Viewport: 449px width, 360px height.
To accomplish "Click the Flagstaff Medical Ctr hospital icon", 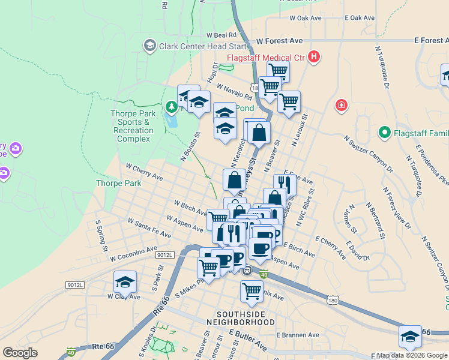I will [x=313, y=58].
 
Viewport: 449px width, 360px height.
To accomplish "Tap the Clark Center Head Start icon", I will [x=149, y=46].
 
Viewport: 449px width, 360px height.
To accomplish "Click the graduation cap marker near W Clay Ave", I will [x=125, y=281].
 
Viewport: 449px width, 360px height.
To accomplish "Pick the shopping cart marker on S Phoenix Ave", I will [x=252, y=291].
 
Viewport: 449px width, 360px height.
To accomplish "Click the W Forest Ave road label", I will [x=279, y=41].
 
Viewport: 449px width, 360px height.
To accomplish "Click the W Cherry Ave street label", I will [x=144, y=172].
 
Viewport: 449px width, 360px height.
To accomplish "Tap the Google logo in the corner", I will [x=20, y=353].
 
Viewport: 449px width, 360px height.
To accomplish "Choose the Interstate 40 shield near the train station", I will [x=264, y=275].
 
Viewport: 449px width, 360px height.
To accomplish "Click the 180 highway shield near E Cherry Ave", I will [x=333, y=299].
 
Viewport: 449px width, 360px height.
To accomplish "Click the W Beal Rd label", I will [x=222, y=35].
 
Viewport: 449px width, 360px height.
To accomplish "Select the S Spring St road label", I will [x=101, y=236].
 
